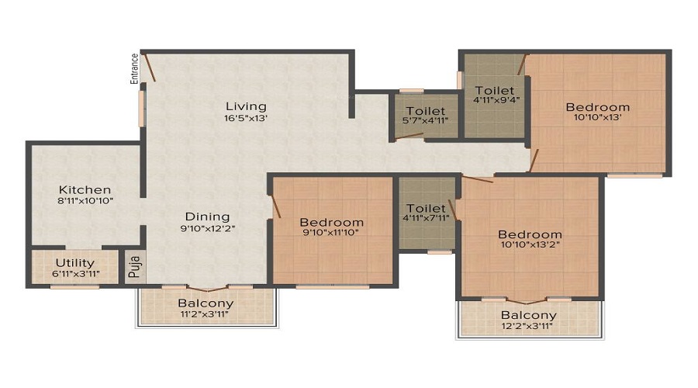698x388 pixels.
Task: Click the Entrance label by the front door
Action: pos(134,68)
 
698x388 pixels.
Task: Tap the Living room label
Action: pos(246,106)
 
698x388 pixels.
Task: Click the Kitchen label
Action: pos(85,189)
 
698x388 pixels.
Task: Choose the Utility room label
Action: pos(74,262)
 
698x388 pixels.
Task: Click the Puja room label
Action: pos(134,267)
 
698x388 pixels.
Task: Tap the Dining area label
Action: pos(207,217)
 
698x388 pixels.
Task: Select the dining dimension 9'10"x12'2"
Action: pos(207,229)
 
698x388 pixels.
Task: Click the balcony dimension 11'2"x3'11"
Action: pos(206,315)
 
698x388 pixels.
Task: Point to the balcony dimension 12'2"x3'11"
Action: pos(528,327)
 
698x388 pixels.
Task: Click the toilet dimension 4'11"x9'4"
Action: pos(494,100)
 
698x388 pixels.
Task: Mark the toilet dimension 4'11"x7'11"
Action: pos(426,218)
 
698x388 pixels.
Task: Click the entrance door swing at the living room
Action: pos(150,68)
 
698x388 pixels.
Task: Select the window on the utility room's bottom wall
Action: pos(74,287)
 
